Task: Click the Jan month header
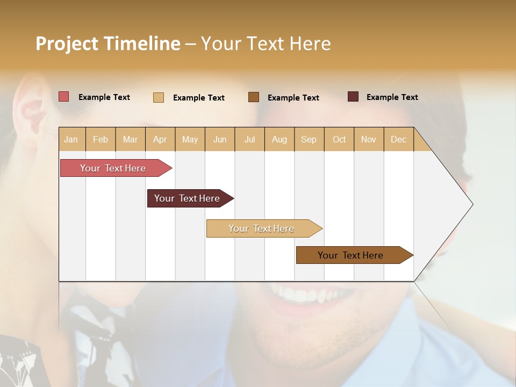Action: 71,139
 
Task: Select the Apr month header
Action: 160,139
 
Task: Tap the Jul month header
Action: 249,139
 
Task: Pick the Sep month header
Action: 309,139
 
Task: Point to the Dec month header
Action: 398,139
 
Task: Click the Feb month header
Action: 101,139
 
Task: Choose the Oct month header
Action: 339,139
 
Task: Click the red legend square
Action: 63,97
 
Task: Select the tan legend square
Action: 158,97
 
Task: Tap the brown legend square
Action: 254,97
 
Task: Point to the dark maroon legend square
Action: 353,97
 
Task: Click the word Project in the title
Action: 67,44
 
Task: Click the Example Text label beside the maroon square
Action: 392,97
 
